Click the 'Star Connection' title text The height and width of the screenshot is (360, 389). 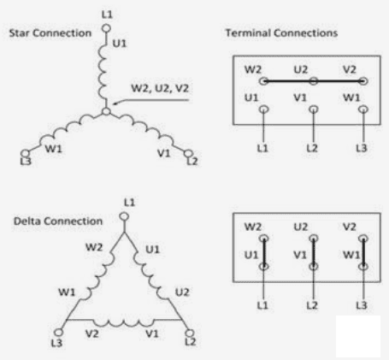[x=50, y=33]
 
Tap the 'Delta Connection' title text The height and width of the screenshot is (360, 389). [x=58, y=221]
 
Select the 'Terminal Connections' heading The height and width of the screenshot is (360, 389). [x=281, y=33]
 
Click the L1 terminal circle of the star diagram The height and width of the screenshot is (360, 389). [x=106, y=28]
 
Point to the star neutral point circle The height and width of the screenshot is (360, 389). [x=106, y=111]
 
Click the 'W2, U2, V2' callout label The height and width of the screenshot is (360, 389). [x=160, y=88]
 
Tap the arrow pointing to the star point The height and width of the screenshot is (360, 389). [x=150, y=101]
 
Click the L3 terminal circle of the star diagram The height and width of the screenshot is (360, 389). [x=26, y=153]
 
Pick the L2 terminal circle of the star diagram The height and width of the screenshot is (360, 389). [x=188, y=154]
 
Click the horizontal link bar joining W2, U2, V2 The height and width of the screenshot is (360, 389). [x=313, y=81]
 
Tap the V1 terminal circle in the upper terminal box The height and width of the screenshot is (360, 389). [x=314, y=109]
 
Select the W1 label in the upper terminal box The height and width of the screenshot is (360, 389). [x=351, y=97]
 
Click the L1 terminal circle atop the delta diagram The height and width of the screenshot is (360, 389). [x=124, y=216]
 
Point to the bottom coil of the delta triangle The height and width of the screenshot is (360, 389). [x=124, y=322]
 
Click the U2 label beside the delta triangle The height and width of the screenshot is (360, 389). [x=182, y=292]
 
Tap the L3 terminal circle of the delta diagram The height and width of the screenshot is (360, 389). [x=59, y=333]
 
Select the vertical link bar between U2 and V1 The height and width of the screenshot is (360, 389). [x=314, y=252]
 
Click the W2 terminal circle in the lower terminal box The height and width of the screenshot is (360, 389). [x=264, y=239]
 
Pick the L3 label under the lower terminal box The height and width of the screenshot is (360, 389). [x=362, y=305]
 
